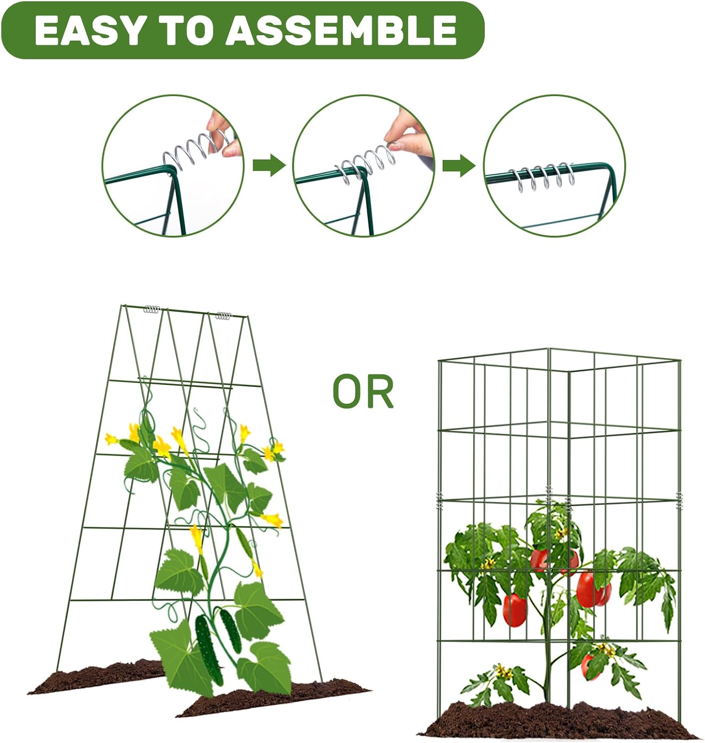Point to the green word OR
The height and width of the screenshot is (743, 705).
(x=363, y=392)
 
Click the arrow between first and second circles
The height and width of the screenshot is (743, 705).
(x=269, y=165)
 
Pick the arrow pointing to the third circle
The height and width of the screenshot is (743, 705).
(x=458, y=165)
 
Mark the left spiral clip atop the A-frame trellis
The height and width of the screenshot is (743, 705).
(x=152, y=310)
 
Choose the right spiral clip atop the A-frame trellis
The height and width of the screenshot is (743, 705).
(x=223, y=315)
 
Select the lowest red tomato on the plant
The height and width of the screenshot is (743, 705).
(x=589, y=666)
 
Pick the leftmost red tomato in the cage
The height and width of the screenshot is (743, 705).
(x=514, y=610)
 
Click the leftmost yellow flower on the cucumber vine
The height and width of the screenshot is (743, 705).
(x=111, y=439)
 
